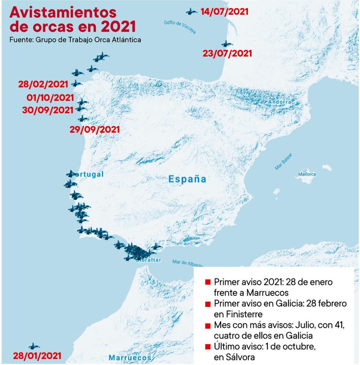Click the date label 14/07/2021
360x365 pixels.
[x=224, y=12]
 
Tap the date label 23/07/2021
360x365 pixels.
[x=227, y=53]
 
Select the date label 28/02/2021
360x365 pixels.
[x=43, y=84]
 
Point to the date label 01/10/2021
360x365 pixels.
[x=50, y=98]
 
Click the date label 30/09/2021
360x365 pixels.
[x=48, y=110]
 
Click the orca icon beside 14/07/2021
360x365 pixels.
[x=190, y=12]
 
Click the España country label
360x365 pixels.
[x=187, y=179]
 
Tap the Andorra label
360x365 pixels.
[x=280, y=102]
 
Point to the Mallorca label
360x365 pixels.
[x=307, y=174]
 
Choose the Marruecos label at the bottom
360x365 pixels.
[x=130, y=358]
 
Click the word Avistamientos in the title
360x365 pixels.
[x=63, y=12]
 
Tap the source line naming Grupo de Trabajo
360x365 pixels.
[x=75, y=40]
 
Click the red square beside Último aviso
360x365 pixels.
[x=207, y=347]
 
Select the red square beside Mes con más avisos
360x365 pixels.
[x=207, y=326]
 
